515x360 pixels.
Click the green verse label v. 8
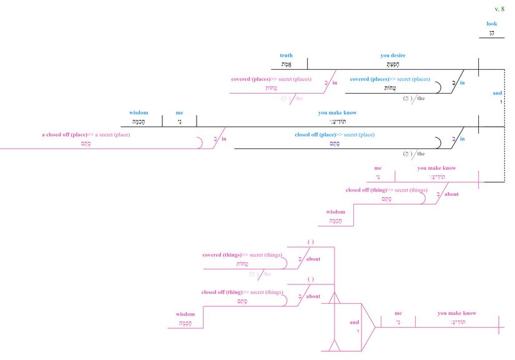[499, 9]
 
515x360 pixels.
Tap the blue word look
[492, 24]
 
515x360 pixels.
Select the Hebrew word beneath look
[492, 33]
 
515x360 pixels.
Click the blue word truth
[286, 56]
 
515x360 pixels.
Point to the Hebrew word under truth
[286, 64]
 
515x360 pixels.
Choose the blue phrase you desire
[393, 56]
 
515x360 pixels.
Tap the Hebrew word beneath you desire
[393, 64]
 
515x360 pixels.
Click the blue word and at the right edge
[497, 93]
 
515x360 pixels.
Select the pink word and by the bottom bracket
[354, 322]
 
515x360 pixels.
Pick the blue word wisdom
[139, 113]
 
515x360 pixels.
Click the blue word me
[179, 113]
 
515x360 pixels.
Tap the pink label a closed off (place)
[86, 134]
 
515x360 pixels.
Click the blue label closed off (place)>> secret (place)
[335, 134]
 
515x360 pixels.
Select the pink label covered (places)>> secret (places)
[271, 79]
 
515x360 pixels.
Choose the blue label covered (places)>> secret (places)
[390, 79]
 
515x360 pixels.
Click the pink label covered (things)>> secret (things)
[242, 255]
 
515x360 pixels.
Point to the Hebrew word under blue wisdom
[139, 122]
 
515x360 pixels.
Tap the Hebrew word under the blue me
[179, 122]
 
